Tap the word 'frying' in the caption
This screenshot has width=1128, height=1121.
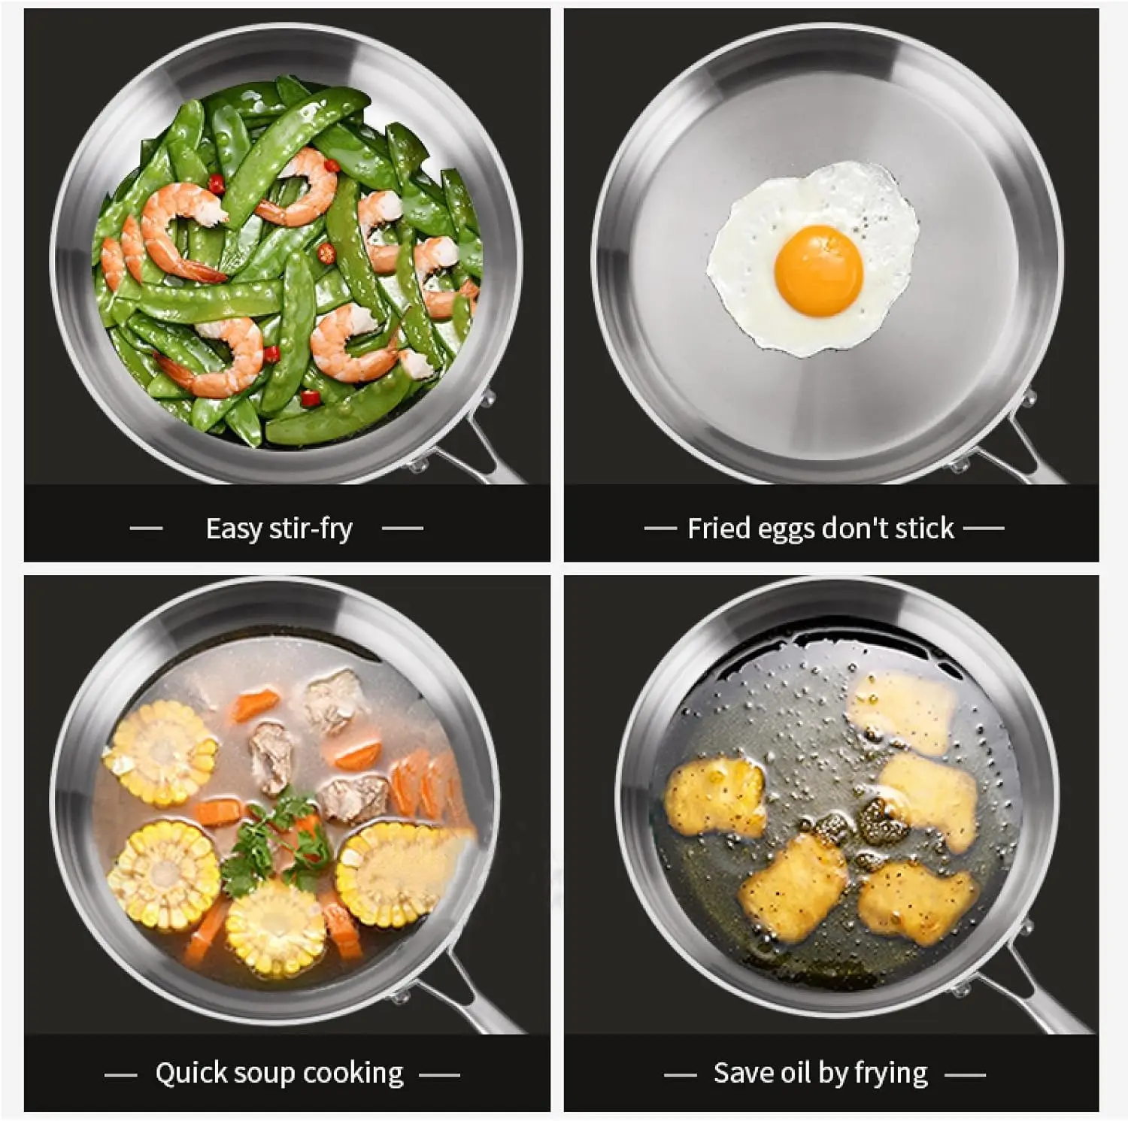[x=892, y=1074]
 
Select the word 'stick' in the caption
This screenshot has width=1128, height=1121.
[x=924, y=529]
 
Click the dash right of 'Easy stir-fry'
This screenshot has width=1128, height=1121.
[x=402, y=529]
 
